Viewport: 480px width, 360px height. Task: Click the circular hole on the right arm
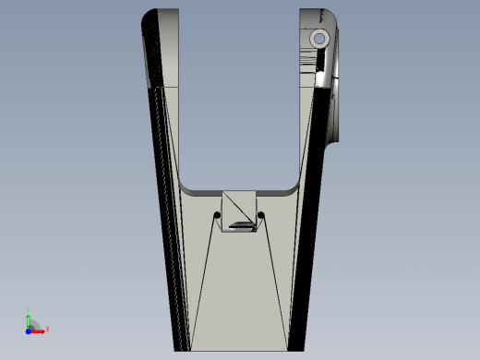coord(319,39)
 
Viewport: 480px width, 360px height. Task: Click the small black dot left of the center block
coord(218,216)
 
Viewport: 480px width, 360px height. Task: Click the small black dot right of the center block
coord(261,217)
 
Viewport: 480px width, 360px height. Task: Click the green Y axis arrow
coord(29,318)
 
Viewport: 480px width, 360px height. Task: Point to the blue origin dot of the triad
coord(29,329)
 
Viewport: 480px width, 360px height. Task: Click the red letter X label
coord(47,329)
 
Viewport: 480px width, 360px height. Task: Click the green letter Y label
coord(29,310)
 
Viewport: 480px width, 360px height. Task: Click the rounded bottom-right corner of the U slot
coord(294,180)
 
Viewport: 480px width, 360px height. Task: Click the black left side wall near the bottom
coord(175,314)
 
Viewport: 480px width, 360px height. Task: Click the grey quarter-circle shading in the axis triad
coord(33,324)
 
